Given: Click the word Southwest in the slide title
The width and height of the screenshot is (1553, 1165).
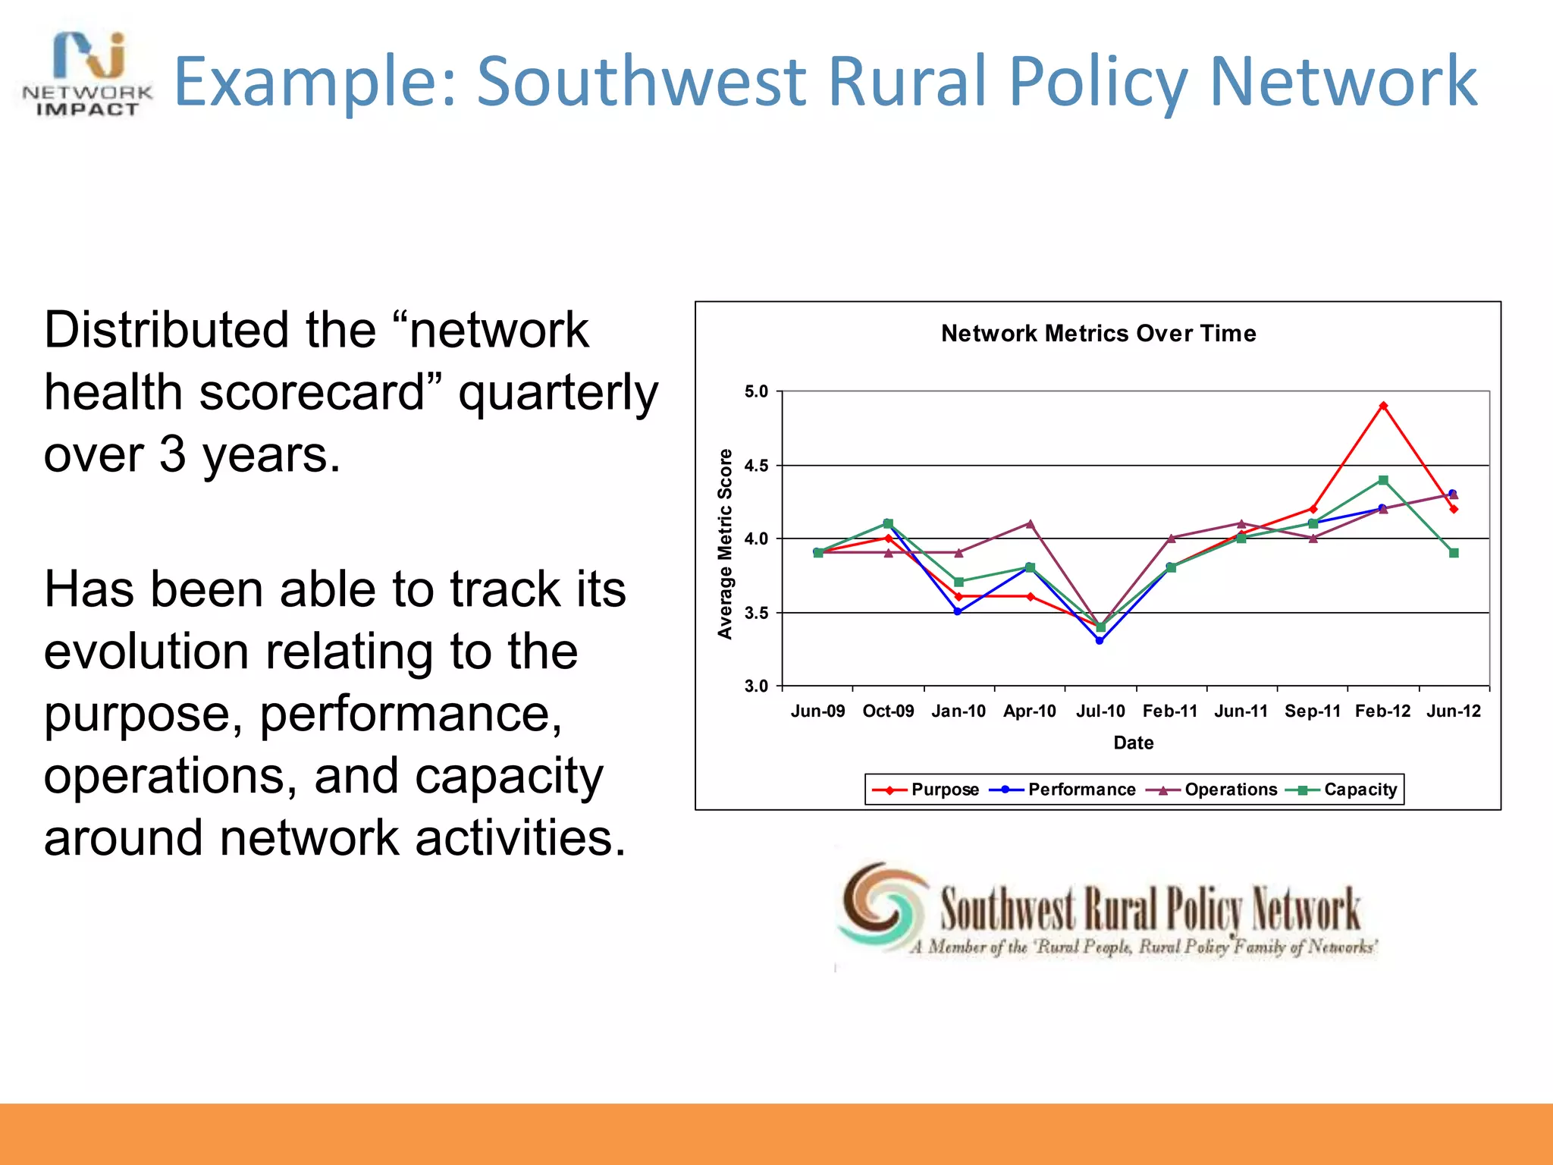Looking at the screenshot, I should coord(642,81).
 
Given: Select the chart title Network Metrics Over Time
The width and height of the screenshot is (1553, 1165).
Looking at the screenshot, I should coord(1098,334).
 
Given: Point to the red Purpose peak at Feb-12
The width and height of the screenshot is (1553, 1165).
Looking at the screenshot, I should coord(1383,406).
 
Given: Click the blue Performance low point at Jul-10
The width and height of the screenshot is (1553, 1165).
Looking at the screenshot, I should coord(1100,640).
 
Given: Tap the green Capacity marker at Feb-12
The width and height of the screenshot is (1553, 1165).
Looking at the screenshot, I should coord(1383,480).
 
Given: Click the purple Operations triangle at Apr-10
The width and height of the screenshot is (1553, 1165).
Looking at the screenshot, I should coord(1030,523).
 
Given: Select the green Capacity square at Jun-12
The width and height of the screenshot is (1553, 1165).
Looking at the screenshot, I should coord(1454,553).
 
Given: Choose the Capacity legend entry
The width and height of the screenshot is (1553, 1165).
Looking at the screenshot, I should coord(1342,790).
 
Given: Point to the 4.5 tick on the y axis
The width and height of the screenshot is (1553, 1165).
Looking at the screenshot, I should coord(756,466).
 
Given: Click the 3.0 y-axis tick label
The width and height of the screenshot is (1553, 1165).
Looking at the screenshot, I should coord(756,686).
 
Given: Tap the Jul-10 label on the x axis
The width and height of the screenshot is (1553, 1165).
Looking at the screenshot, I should coord(1100,711).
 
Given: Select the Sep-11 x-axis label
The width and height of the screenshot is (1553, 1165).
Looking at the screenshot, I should coord(1313,711).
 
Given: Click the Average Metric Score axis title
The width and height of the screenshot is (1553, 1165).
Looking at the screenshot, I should coord(725,544).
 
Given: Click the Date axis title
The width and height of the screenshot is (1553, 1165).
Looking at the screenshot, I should coord(1133,743).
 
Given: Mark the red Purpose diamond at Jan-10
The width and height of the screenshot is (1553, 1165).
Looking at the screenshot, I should coord(958,597).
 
